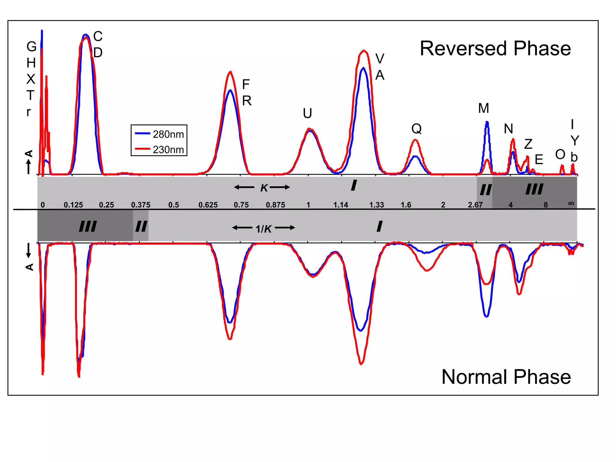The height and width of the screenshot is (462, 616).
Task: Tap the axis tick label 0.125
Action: coord(73,205)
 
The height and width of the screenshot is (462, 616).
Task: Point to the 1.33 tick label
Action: coord(376,205)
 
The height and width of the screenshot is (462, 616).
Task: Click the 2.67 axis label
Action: coord(475,205)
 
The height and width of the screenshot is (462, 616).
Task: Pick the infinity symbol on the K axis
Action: coord(571,203)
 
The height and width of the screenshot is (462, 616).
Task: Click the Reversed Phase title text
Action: coord(495,48)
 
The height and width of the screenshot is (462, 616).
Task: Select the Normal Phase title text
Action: coord(506,377)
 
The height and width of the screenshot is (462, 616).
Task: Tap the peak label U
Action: coord(307,113)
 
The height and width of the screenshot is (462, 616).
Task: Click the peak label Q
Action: coord(416,129)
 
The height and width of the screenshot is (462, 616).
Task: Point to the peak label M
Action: coord(483,108)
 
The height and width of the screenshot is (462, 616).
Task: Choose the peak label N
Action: coord(508,129)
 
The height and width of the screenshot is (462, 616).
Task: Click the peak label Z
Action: coord(528,144)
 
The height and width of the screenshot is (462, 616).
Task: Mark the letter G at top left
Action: coord(31,47)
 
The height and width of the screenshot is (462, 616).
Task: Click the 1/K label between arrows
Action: coord(263,229)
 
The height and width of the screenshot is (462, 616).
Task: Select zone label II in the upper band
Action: coord(485,190)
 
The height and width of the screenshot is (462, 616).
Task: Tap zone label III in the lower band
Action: coord(88,226)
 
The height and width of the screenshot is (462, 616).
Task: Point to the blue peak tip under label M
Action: coord(487,122)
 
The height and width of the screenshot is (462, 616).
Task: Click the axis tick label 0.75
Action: coord(241,205)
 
